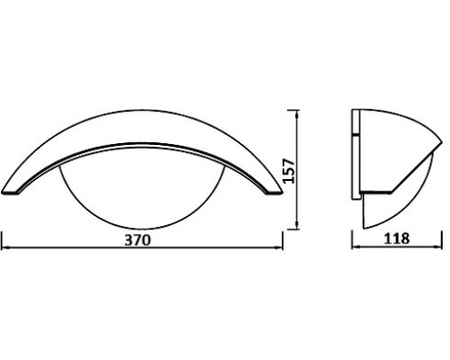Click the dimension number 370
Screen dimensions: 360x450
(135, 240)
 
